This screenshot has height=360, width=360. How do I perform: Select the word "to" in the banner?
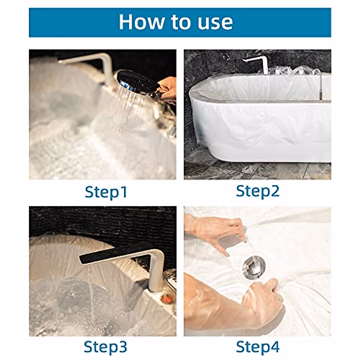click(x=181, y=22)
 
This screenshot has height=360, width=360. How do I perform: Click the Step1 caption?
click(x=106, y=192)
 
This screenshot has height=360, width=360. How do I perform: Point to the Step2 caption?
click(x=258, y=191)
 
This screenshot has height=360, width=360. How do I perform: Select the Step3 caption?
click(x=106, y=341)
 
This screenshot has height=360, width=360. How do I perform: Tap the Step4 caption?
click(x=258, y=341)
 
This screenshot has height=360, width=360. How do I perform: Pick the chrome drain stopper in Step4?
click(x=253, y=268)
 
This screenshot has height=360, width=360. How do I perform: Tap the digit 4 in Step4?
click(x=274, y=341)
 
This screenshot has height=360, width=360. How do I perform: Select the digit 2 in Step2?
click(x=274, y=190)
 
